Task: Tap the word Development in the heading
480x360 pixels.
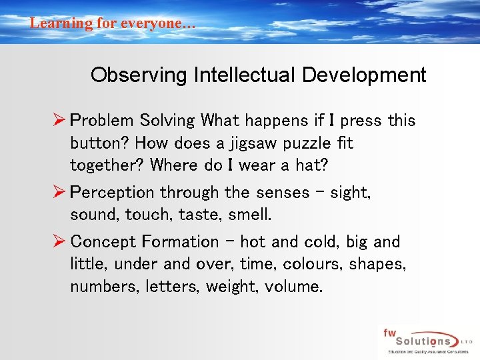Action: [364, 75]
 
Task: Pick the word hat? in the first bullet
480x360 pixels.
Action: [312, 165]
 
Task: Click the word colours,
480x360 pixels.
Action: [307, 264]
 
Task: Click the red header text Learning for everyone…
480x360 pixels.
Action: [113, 23]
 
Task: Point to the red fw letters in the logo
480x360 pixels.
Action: [389, 331]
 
